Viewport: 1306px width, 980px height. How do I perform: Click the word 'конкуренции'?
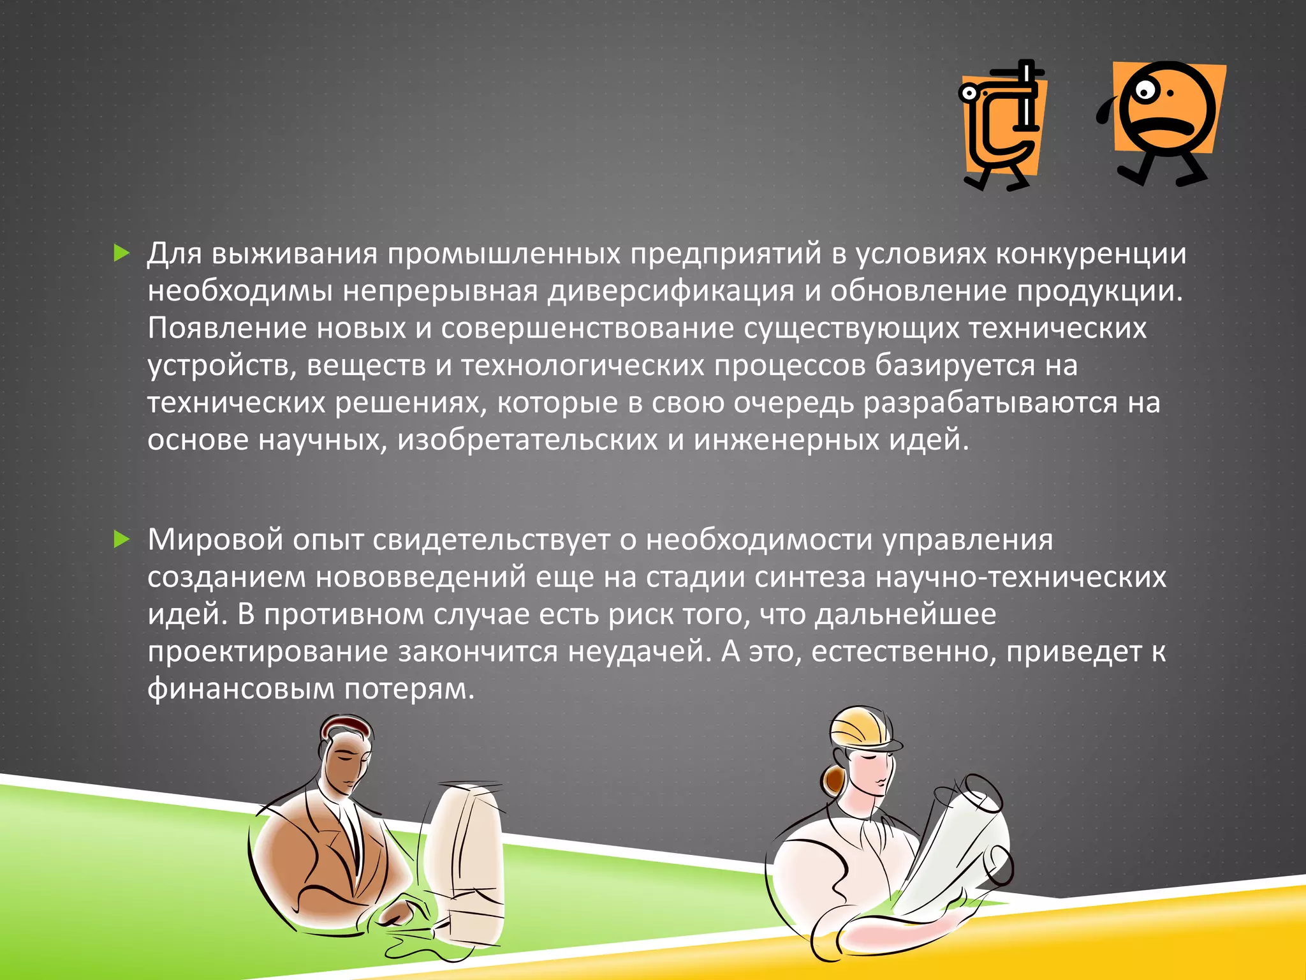pos(1090,254)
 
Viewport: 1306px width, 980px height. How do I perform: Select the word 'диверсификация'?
pos(671,291)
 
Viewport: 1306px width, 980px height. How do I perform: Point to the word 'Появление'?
pos(227,328)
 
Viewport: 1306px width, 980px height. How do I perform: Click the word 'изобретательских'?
pos(527,440)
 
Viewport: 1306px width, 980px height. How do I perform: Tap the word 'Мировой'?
pos(215,540)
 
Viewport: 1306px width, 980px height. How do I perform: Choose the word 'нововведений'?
pos(421,577)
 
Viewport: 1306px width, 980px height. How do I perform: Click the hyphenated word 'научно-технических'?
pos(1020,577)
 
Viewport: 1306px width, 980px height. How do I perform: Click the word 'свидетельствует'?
pos(491,540)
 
